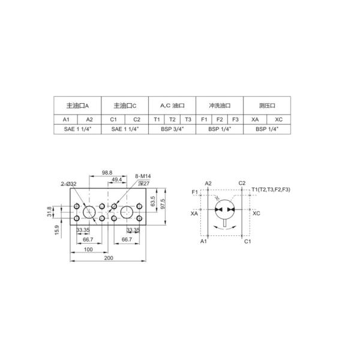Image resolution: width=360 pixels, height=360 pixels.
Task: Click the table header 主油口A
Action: tap(77, 105)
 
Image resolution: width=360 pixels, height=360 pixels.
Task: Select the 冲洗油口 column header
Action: tap(220, 105)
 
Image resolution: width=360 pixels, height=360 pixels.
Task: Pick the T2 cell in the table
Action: tap(172, 119)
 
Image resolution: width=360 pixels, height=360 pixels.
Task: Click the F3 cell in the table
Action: tap(236, 119)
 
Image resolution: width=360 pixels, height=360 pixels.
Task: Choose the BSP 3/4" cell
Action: tap(172, 129)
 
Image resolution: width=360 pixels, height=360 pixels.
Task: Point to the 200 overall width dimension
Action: tap(109, 258)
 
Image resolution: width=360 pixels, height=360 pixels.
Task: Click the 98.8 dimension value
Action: tap(107, 173)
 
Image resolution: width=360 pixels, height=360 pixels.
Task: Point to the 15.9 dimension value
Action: tap(57, 229)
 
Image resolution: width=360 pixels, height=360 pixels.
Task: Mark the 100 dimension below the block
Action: tap(88, 248)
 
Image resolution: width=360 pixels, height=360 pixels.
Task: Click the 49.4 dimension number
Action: tap(118, 179)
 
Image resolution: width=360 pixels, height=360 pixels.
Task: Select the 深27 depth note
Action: tap(143, 183)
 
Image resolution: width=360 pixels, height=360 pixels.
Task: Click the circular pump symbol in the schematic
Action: tap(225, 209)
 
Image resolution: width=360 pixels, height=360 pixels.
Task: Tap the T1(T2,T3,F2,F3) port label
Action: tap(271, 190)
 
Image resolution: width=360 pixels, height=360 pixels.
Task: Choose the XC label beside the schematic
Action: tap(256, 213)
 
